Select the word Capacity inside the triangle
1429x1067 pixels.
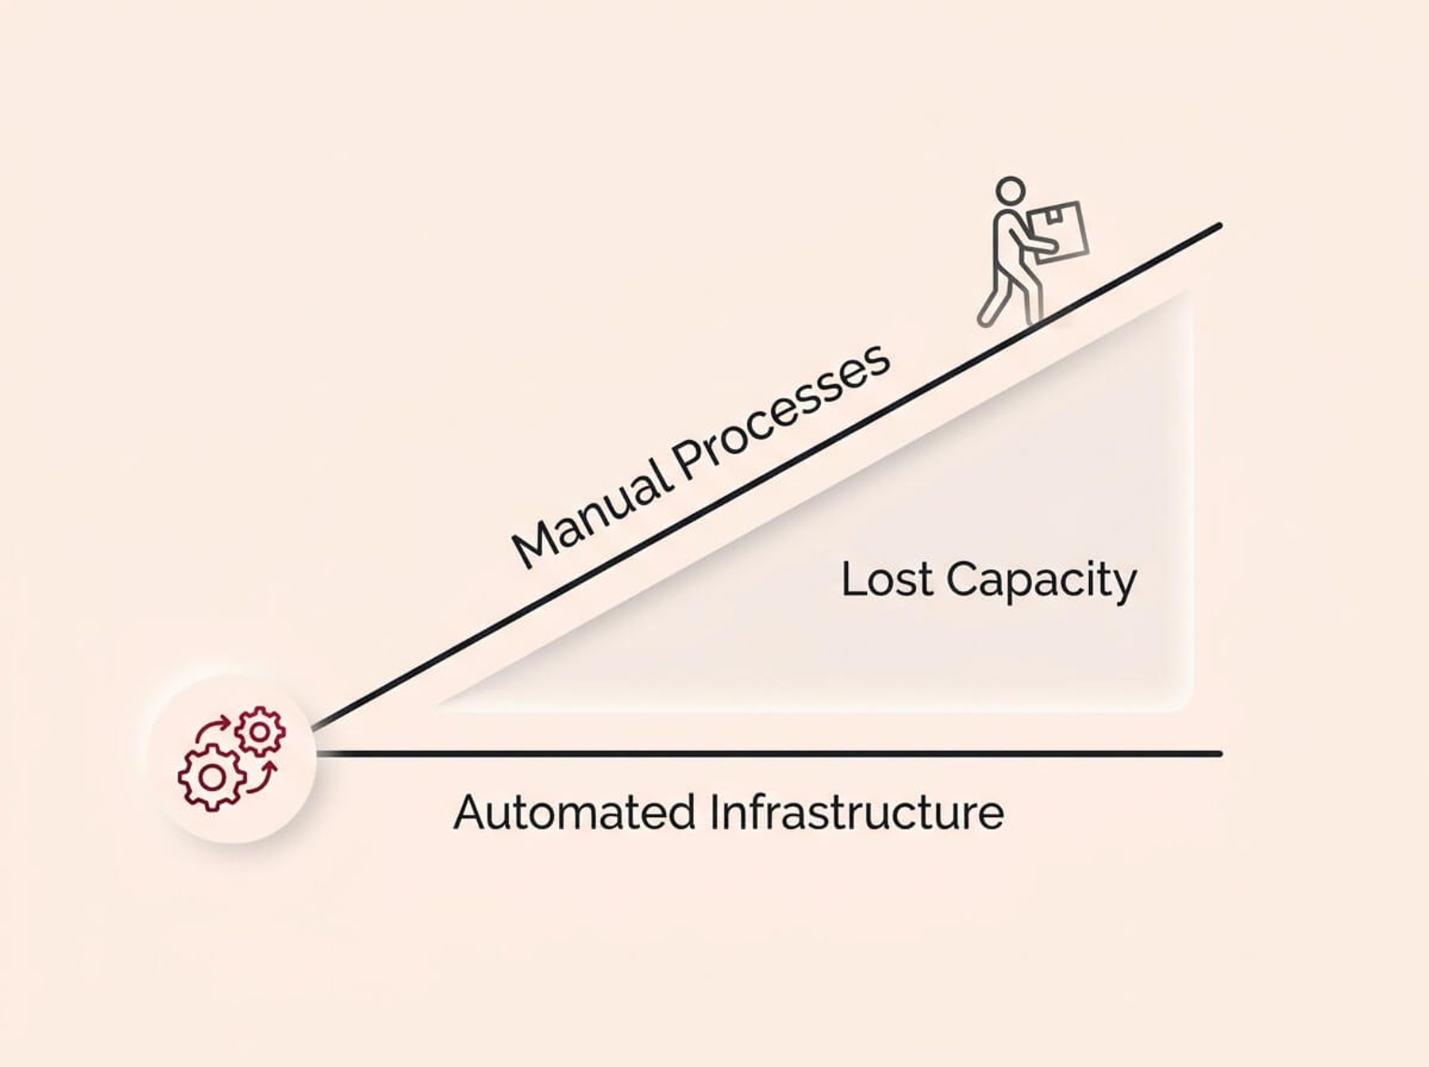point(1041,581)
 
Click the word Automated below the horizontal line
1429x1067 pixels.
point(575,812)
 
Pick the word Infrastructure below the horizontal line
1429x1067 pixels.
point(857,812)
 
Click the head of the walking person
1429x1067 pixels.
point(1011,191)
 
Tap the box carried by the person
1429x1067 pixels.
point(1059,229)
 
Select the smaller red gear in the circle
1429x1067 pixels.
point(260,731)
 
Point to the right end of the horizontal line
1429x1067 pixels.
point(1218,753)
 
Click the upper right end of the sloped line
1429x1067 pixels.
point(1216,227)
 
